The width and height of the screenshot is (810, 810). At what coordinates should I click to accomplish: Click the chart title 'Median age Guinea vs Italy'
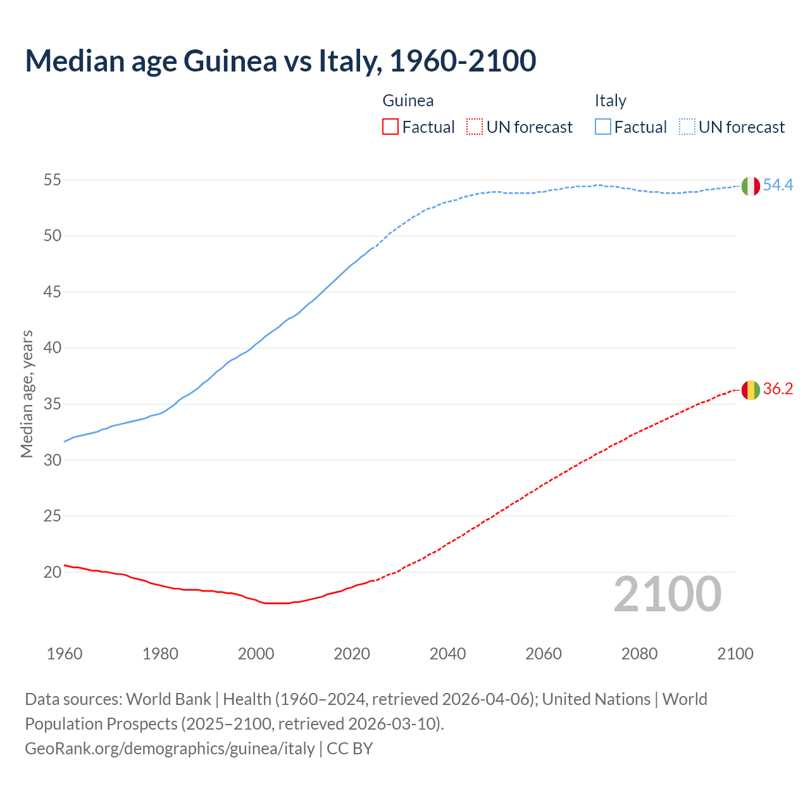pos(280,61)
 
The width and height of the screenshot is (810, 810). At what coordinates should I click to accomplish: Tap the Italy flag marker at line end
pos(751,186)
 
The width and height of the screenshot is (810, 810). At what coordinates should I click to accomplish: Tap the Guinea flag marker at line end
pos(751,390)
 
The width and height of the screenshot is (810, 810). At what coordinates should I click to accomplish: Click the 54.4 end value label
pos(778,185)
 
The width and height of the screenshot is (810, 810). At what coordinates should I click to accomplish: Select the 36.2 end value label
pos(778,389)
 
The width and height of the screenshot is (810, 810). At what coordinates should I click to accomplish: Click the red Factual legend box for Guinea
pos(390,127)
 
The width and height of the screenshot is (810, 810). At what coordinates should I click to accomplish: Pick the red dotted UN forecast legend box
pos(475,127)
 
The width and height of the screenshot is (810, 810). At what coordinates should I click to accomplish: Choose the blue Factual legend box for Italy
pos(602,127)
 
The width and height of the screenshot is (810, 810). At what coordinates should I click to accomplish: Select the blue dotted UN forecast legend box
pos(687,127)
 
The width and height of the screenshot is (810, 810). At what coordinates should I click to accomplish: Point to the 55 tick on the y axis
pos(52,180)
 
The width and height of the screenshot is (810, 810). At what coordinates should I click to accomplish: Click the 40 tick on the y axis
pos(52,348)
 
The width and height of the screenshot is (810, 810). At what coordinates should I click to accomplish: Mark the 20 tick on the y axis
pos(52,572)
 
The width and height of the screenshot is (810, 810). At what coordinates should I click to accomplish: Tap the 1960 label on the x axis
pos(65,654)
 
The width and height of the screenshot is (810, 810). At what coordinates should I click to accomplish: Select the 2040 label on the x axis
pos(447,654)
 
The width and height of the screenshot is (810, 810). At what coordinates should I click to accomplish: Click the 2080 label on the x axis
pos(639,654)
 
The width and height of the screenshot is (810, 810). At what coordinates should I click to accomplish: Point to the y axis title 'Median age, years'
pos(27,394)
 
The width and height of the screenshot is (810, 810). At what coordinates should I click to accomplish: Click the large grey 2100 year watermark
pos(667,594)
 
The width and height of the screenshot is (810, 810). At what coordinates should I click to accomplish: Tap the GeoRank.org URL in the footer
pos(170,749)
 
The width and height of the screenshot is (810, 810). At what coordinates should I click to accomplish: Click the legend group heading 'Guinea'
pos(408,101)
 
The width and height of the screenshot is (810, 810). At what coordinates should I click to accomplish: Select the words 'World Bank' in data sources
pos(168,699)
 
